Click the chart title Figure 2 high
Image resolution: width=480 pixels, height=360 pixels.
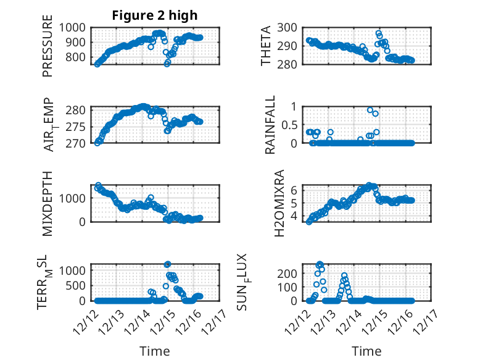coord(154,15)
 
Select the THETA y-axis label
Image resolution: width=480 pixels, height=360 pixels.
coord(266,46)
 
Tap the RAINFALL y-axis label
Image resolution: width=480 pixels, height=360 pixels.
coord(270,125)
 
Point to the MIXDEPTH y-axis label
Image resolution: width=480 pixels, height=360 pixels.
coord(48,203)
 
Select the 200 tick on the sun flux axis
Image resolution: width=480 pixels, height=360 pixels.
coord(292,272)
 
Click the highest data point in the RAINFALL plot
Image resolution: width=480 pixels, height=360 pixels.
coord(370,110)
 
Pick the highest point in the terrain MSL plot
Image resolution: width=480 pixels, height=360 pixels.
coord(167,264)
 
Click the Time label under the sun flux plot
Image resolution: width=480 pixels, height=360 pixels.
coord(366,351)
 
